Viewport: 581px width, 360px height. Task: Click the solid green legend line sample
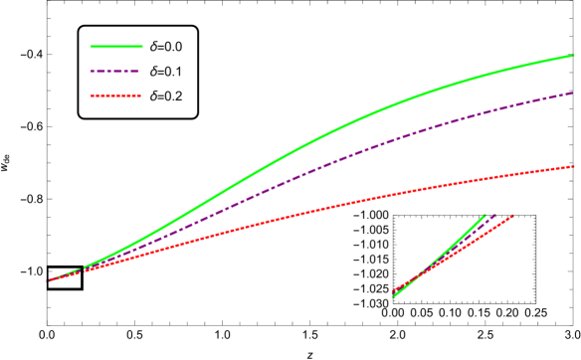(116, 47)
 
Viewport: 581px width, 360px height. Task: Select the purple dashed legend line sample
(115, 72)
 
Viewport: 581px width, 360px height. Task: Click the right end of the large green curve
(574, 56)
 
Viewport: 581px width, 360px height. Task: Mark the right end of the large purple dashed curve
(573, 93)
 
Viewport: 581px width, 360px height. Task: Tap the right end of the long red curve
(574, 166)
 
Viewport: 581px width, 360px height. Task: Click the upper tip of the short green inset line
(484, 216)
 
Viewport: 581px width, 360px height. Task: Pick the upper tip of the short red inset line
(511, 216)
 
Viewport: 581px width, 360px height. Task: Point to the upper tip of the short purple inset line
(494, 216)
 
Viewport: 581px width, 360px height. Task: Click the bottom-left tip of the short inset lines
(393, 295)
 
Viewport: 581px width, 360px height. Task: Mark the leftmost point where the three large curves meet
(48, 281)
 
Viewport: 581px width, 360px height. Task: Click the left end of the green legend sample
(92, 47)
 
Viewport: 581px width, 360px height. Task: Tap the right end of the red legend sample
(140, 96)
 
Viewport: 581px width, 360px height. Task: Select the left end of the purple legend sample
(92, 72)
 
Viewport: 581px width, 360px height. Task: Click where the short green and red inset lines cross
(418, 274)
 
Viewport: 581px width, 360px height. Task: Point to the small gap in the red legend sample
(116, 96)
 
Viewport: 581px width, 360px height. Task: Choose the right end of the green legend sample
(142, 47)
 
